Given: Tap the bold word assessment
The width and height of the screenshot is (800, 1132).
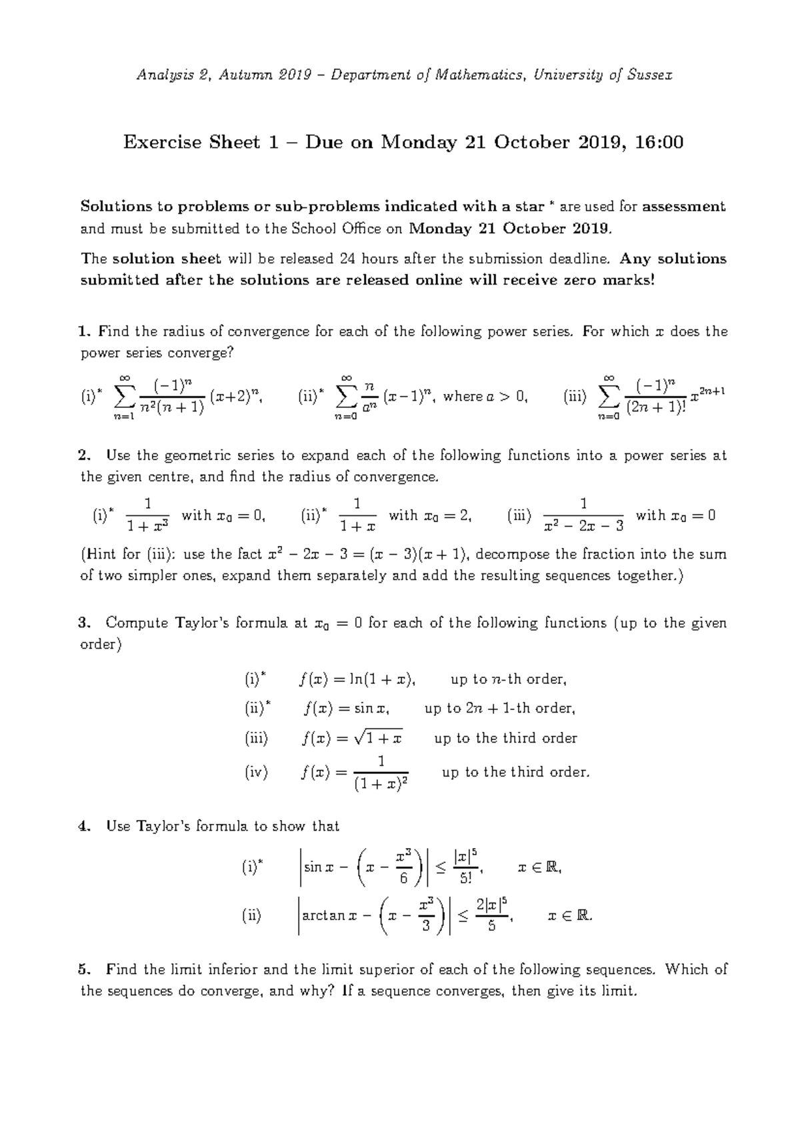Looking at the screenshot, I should pos(684,207).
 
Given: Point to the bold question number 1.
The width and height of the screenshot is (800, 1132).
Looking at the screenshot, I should pos(83,331).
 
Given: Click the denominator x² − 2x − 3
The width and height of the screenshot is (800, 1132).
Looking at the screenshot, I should pos(584,526).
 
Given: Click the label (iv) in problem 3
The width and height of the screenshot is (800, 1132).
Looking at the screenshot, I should pos(256,773).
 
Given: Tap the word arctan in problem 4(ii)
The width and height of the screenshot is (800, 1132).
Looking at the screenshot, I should pos(324,915).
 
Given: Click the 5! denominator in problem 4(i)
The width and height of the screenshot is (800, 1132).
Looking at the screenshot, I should pos(465,878).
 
